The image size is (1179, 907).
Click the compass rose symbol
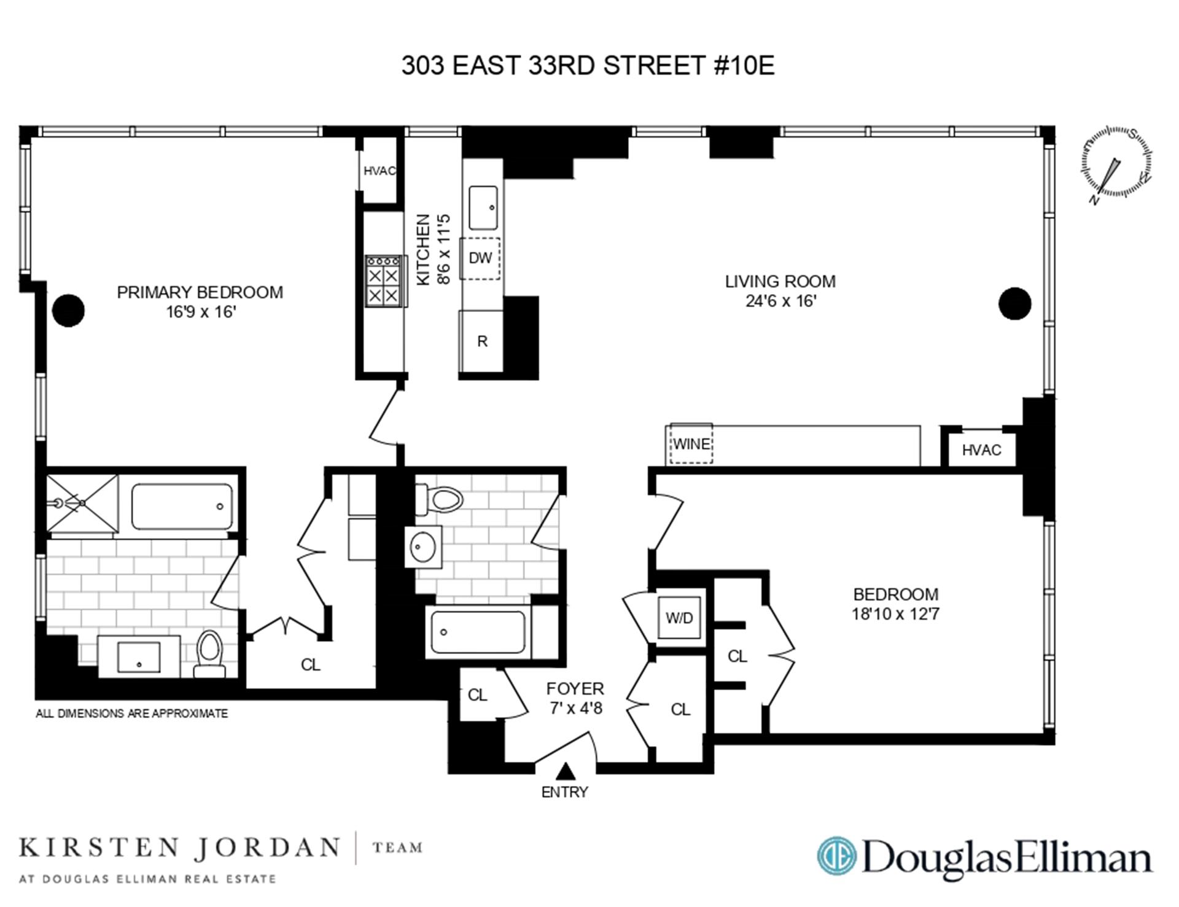pyautogui.click(x=1116, y=163)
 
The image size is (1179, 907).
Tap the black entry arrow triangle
pyautogui.click(x=565, y=771)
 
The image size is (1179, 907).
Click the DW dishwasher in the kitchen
pyautogui.click(x=480, y=258)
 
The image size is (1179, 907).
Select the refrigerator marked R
pyautogui.click(x=482, y=341)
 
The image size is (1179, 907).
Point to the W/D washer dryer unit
pyautogui.click(x=679, y=618)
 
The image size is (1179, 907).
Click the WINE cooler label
pyautogui.click(x=691, y=443)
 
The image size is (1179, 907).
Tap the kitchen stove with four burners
pyautogui.click(x=384, y=281)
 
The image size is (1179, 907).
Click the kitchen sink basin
pyautogui.click(x=483, y=208)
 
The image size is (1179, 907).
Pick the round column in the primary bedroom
pyautogui.click(x=68, y=310)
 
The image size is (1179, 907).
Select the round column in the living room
pyautogui.click(x=1014, y=303)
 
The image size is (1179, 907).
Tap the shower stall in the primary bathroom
pyautogui.click(x=82, y=503)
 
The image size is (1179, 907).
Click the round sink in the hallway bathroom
pyautogui.click(x=422, y=547)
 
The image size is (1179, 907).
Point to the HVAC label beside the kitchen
pyautogui.click(x=379, y=171)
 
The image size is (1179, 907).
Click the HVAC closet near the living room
pyautogui.click(x=981, y=450)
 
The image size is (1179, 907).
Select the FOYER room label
pyautogui.click(x=575, y=688)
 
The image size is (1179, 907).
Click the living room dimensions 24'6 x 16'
pyautogui.click(x=780, y=301)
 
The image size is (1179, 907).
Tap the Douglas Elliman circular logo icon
pyautogui.click(x=836, y=855)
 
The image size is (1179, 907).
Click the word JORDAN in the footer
pyautogui.click(x=267, y=848)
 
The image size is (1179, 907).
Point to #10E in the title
pyautogui.click(x=744, y=65)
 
